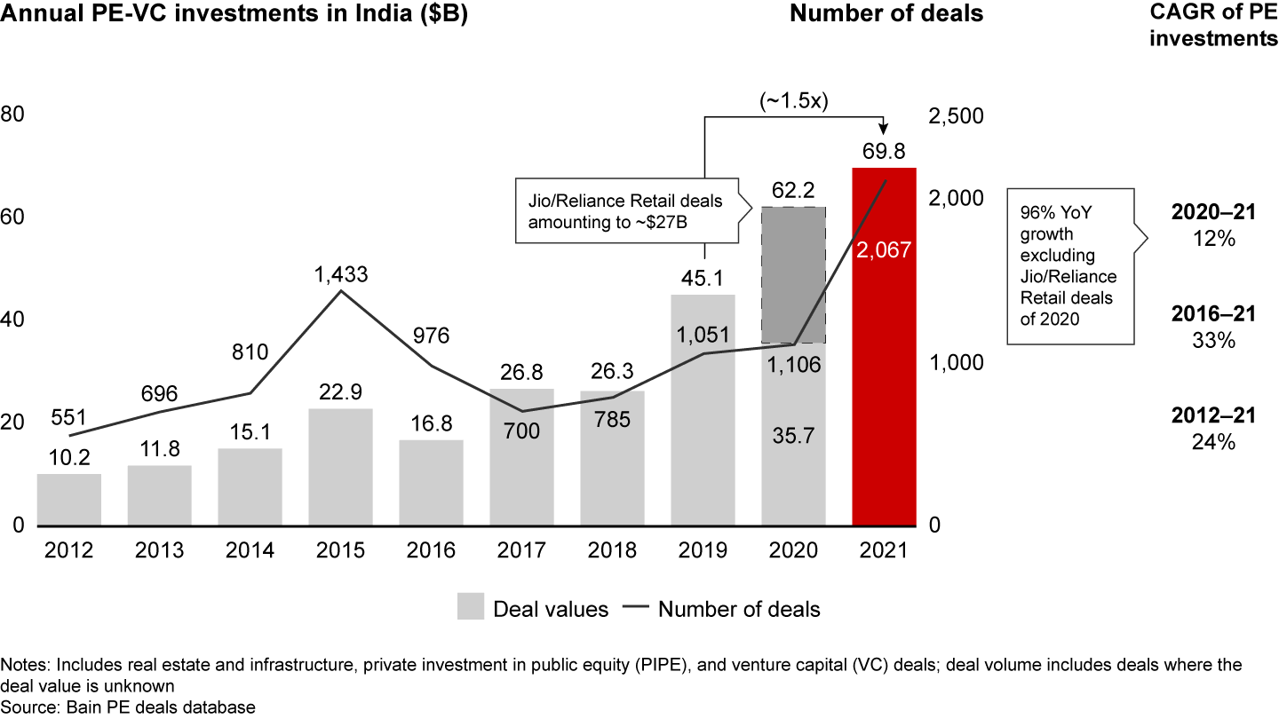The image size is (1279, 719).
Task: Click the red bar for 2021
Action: click(x=884, y=399)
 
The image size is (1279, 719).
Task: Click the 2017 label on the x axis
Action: click(x=522, y=549)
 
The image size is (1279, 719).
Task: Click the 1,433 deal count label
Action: click(x=340, y=274)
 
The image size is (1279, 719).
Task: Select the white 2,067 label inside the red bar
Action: click(x=884, y=251)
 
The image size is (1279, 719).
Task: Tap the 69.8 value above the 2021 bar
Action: click(x=884, y=151)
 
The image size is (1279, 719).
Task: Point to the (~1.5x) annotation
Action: click(x=793, y=100)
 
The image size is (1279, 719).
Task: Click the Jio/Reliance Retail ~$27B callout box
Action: click(x=625, y=212)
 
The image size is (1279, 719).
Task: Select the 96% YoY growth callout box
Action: click(x=1070, y=265)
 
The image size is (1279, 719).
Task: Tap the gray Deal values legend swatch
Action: click(x=471, y=608)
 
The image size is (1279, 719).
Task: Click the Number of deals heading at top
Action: click(x=886, y=14)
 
